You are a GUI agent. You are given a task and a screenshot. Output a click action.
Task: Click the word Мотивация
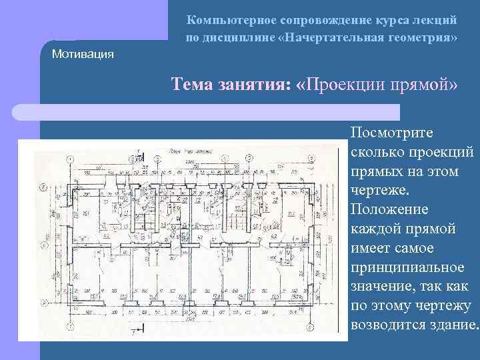click(x=83, y=53)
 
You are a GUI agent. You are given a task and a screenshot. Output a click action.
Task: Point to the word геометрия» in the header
click(x=424, y=37)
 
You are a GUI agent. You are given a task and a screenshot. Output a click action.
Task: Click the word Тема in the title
click(x=193, y=85)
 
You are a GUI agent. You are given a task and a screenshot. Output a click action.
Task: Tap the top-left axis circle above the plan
click(x=69, y=159)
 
